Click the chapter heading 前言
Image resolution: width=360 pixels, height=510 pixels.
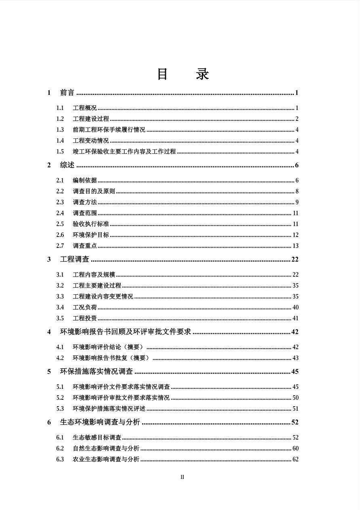coord(67,93)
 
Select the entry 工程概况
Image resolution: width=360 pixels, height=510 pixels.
coord(84,108)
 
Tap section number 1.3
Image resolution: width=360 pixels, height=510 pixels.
coord(60,130)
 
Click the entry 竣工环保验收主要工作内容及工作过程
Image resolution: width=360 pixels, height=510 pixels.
coord(124,151)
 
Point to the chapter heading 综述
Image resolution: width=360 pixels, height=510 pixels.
coord(67,165)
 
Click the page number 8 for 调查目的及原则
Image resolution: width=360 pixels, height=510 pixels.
coord(297,191)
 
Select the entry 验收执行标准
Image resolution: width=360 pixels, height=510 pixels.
coord(90,224)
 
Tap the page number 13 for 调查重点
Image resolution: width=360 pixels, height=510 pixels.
coord(295,246)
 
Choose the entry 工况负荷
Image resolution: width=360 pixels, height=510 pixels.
coord(84,307)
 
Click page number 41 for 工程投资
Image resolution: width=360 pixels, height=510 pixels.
coord(295,318)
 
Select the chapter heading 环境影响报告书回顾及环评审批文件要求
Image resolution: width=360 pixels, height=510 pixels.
coord(125,332)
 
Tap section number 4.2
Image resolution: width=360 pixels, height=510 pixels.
coord(60,358)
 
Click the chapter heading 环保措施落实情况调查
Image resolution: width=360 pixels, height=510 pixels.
coord(96,371)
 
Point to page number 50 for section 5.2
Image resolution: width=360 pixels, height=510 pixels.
coord(295,398)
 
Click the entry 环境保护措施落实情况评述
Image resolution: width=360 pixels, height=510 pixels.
coord(109,409)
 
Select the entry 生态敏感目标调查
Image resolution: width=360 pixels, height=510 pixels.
coord(97,437)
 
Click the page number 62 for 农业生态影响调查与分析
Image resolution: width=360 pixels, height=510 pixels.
coord(295,459)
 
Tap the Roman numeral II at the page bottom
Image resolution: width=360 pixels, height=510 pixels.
coord(182,477)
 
